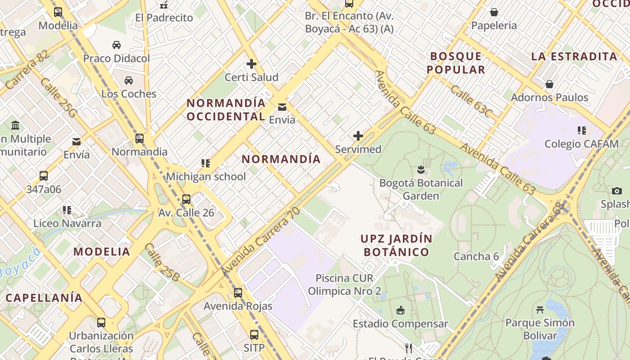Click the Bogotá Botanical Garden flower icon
click(421, 170)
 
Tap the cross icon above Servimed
click(358, 135)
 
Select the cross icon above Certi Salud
click(252, 63)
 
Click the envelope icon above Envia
click(282, 107)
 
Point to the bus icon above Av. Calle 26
click(186, 199)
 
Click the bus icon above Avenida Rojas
click(238, 293)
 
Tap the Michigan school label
click(206, 176)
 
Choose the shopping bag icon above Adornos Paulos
click(549, 84)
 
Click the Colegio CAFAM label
click(581, 144)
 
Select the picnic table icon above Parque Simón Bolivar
click(540, 310)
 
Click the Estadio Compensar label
click(400, 324)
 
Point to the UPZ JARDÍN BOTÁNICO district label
click(396, 245)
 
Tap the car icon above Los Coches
click(129, 81)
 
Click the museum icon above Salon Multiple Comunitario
click(15, 125)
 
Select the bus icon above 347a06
click(44, 176)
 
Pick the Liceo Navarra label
click(67, 223)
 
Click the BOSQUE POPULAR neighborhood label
click(456, 63)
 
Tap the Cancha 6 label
click(476, 256)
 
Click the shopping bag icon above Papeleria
click(494, 12)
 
